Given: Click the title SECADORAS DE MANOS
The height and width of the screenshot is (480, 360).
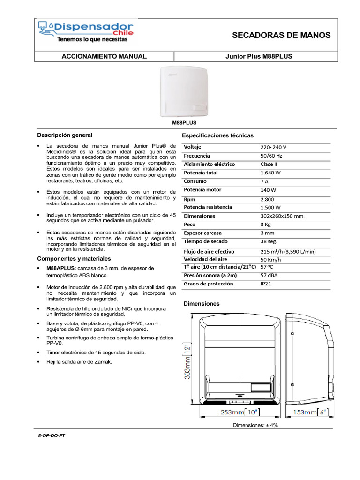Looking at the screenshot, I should (281, 35).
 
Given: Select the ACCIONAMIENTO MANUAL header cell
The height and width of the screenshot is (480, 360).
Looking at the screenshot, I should (104, 56).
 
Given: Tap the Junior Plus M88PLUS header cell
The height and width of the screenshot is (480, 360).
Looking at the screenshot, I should (259, 56).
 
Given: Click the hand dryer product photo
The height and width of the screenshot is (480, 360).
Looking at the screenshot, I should (184, 90).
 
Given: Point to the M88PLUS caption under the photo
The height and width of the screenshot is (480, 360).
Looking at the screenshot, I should (183, 122).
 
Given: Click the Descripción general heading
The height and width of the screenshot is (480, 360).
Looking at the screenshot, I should (61, 135).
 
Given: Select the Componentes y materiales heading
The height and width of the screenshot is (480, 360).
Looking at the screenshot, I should (74, 258).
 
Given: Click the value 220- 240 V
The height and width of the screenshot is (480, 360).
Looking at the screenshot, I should (274, 147).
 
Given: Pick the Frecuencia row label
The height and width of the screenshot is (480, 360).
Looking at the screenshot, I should (197, 156).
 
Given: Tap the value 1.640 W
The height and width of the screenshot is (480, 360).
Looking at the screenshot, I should (271, 173).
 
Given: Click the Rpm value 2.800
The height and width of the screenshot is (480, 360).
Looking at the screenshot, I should (268, 199).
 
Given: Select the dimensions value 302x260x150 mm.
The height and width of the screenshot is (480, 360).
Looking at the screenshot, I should (283, 216).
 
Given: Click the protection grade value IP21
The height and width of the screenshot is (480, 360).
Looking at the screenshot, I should (266, 284).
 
